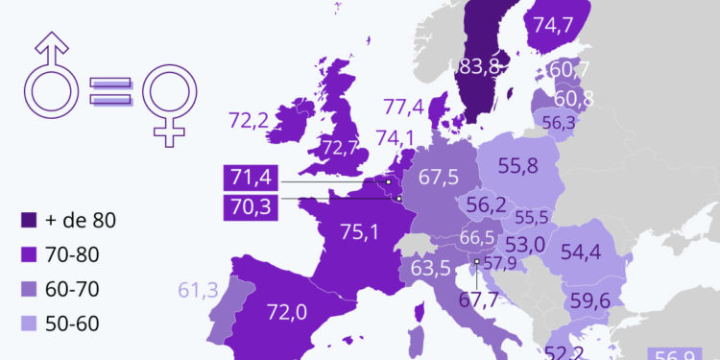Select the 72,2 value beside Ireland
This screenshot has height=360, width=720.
tap(252, 121)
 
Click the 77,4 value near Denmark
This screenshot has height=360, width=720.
tap(404, 107)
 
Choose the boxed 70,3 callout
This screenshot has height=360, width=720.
tap(251, 204)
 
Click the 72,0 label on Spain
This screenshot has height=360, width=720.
tap(287, 311)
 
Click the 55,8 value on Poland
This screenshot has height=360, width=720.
tap(517, 164)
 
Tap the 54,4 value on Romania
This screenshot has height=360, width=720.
tap(581, 252)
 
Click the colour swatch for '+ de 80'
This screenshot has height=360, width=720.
tap(32, 220)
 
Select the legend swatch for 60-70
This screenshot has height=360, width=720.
tap(32, 288)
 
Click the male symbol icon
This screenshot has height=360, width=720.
tap(54, 85)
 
